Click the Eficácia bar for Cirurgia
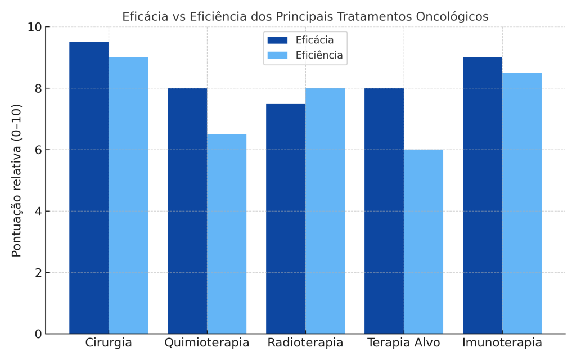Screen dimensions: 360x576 [89, 188]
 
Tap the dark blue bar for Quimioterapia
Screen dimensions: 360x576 [187, 211]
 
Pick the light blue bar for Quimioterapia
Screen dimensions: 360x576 [227, 234]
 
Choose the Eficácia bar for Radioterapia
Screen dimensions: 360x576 [286, 219]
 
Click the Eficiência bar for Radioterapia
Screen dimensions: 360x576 [325, 211]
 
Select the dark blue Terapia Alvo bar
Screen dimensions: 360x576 [384, 211]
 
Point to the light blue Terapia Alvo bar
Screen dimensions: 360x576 [424, 242]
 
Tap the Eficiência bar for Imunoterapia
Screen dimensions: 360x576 [522, 203]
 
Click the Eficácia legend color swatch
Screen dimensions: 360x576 [277, 40]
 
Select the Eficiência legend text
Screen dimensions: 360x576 [319, 55]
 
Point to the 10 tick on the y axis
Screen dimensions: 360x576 [35, 27]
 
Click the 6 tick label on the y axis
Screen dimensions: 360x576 [38, 150]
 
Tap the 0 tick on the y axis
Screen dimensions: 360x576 [38, 334]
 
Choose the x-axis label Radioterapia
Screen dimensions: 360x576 [305, 343]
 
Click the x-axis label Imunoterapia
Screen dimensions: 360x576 [502, 343]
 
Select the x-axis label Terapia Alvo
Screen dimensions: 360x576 [404, 343]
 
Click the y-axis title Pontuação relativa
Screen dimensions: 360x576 [17, 180]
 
